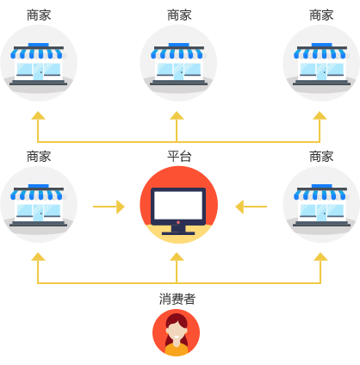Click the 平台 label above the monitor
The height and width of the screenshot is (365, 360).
[179, 157]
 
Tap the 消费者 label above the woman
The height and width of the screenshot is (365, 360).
[177, 299]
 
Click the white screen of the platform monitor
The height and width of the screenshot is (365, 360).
[178, 204]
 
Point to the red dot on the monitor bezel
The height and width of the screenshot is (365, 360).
[178, 222]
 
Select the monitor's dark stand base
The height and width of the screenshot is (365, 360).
[178, 233]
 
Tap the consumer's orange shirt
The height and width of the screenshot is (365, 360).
[177, 349]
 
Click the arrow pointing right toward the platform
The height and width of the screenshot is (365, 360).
[109, 207]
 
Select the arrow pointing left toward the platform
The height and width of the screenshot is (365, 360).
[251, 207]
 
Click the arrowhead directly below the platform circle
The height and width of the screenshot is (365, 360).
[177, 257]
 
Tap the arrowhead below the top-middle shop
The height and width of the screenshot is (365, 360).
[177, 115]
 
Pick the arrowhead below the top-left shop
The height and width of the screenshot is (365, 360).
[38, 115]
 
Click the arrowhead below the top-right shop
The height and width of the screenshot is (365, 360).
[320, 115]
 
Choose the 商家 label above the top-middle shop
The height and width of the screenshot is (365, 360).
[179, 15]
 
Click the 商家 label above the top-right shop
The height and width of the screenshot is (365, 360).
[321, 15]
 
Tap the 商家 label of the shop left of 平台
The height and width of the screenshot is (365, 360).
[39, 157]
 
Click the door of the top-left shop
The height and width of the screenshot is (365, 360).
[38, 71]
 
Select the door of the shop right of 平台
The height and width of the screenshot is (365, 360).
[321, 213]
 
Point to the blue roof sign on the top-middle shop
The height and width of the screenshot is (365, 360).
[179, 45]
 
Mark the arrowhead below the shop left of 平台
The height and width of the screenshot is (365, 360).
[38, 257]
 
